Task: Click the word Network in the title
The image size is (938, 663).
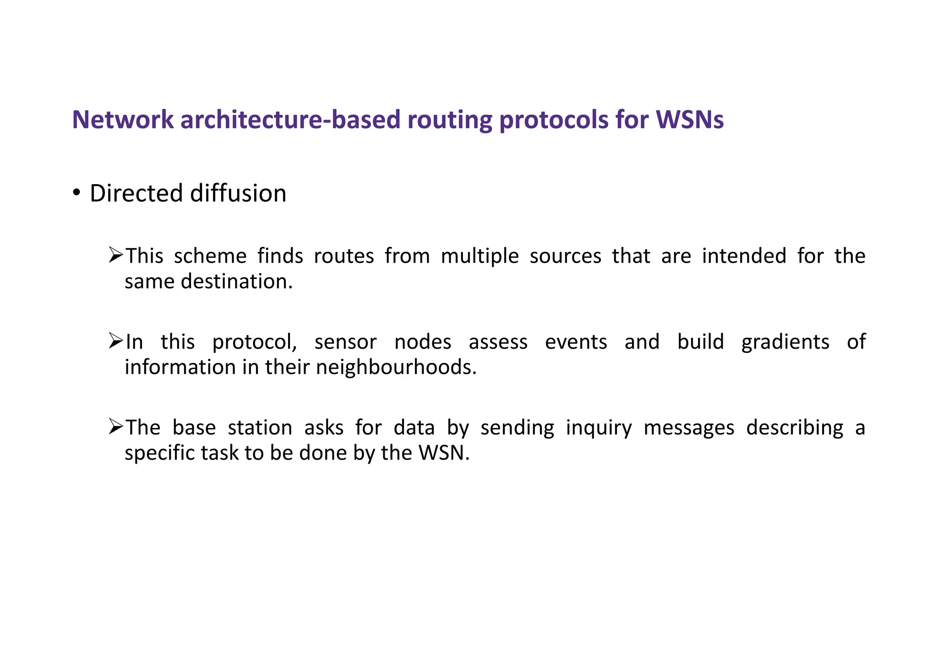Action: (x=123, y=120)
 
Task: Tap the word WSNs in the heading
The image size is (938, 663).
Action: (x=690, y=120)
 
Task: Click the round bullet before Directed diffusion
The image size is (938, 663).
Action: (x=76, y=192)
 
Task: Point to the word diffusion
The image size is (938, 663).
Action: (x=238, y=193)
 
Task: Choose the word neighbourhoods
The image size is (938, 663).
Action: (x=396, y=367)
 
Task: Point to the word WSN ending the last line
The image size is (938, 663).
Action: (x=443, y=453)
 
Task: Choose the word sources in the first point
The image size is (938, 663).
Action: (x=565, y=256)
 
